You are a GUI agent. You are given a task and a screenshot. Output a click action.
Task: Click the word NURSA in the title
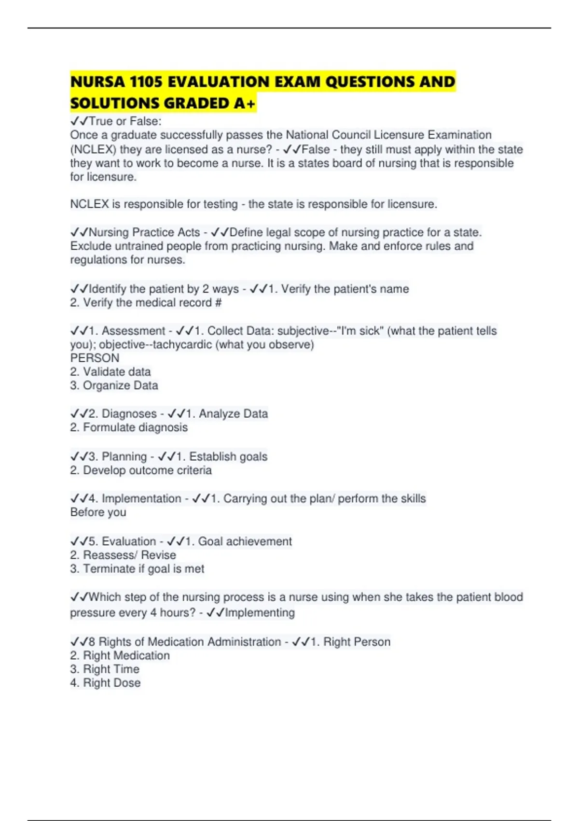[97, 82]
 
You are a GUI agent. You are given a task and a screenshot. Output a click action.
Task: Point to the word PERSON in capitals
[95, 358]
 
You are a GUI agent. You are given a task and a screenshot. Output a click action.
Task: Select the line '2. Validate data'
[110, 371]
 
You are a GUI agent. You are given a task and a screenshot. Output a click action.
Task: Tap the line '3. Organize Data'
[114, 385]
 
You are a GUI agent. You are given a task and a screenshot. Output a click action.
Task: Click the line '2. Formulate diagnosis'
[129, 427]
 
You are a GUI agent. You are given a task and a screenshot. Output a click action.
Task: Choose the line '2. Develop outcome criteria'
[141, 470]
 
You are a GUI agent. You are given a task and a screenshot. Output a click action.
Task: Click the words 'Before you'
[98, 512]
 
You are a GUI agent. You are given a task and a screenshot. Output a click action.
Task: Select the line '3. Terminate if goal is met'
[137, 568]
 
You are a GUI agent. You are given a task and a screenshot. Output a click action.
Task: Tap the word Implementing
[260, 612]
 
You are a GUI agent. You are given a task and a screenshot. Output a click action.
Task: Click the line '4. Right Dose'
[106, 683]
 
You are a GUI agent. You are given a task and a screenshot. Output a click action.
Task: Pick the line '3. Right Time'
[105, 669]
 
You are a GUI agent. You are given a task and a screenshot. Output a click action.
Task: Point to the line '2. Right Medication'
[120, 655]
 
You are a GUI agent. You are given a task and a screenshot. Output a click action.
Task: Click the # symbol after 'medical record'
[218, 303]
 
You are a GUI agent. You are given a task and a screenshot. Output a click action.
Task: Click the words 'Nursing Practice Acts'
[144, 232]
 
